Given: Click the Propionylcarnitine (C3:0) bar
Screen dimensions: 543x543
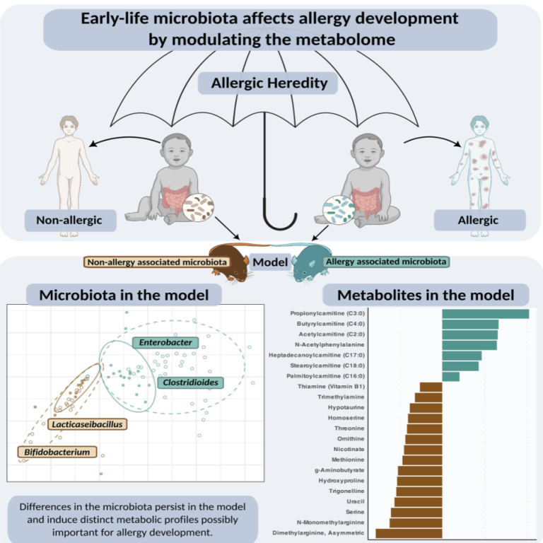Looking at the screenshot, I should pyautogui.click(x=485, y=314).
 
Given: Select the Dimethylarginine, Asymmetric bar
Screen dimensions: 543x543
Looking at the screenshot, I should pyautogui.click(x=409, y=533).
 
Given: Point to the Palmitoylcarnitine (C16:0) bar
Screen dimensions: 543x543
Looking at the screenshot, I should pyautogui.click(x=450, y=376).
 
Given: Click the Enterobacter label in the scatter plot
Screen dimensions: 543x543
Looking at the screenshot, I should pyautogui.click(x=165, y=343).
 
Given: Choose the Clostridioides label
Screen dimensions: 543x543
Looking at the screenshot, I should pyautogui.click(x=189, y=383).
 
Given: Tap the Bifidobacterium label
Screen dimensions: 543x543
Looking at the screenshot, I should pyautogui.click(x=57, y=451).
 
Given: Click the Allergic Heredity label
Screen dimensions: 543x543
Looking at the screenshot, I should pyautogui.click(x=270, y=83).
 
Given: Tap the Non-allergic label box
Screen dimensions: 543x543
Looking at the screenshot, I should pyautogui.click(x=64, y=220).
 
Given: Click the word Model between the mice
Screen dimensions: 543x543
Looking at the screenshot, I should pyautogui.click(x=269, y=262).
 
